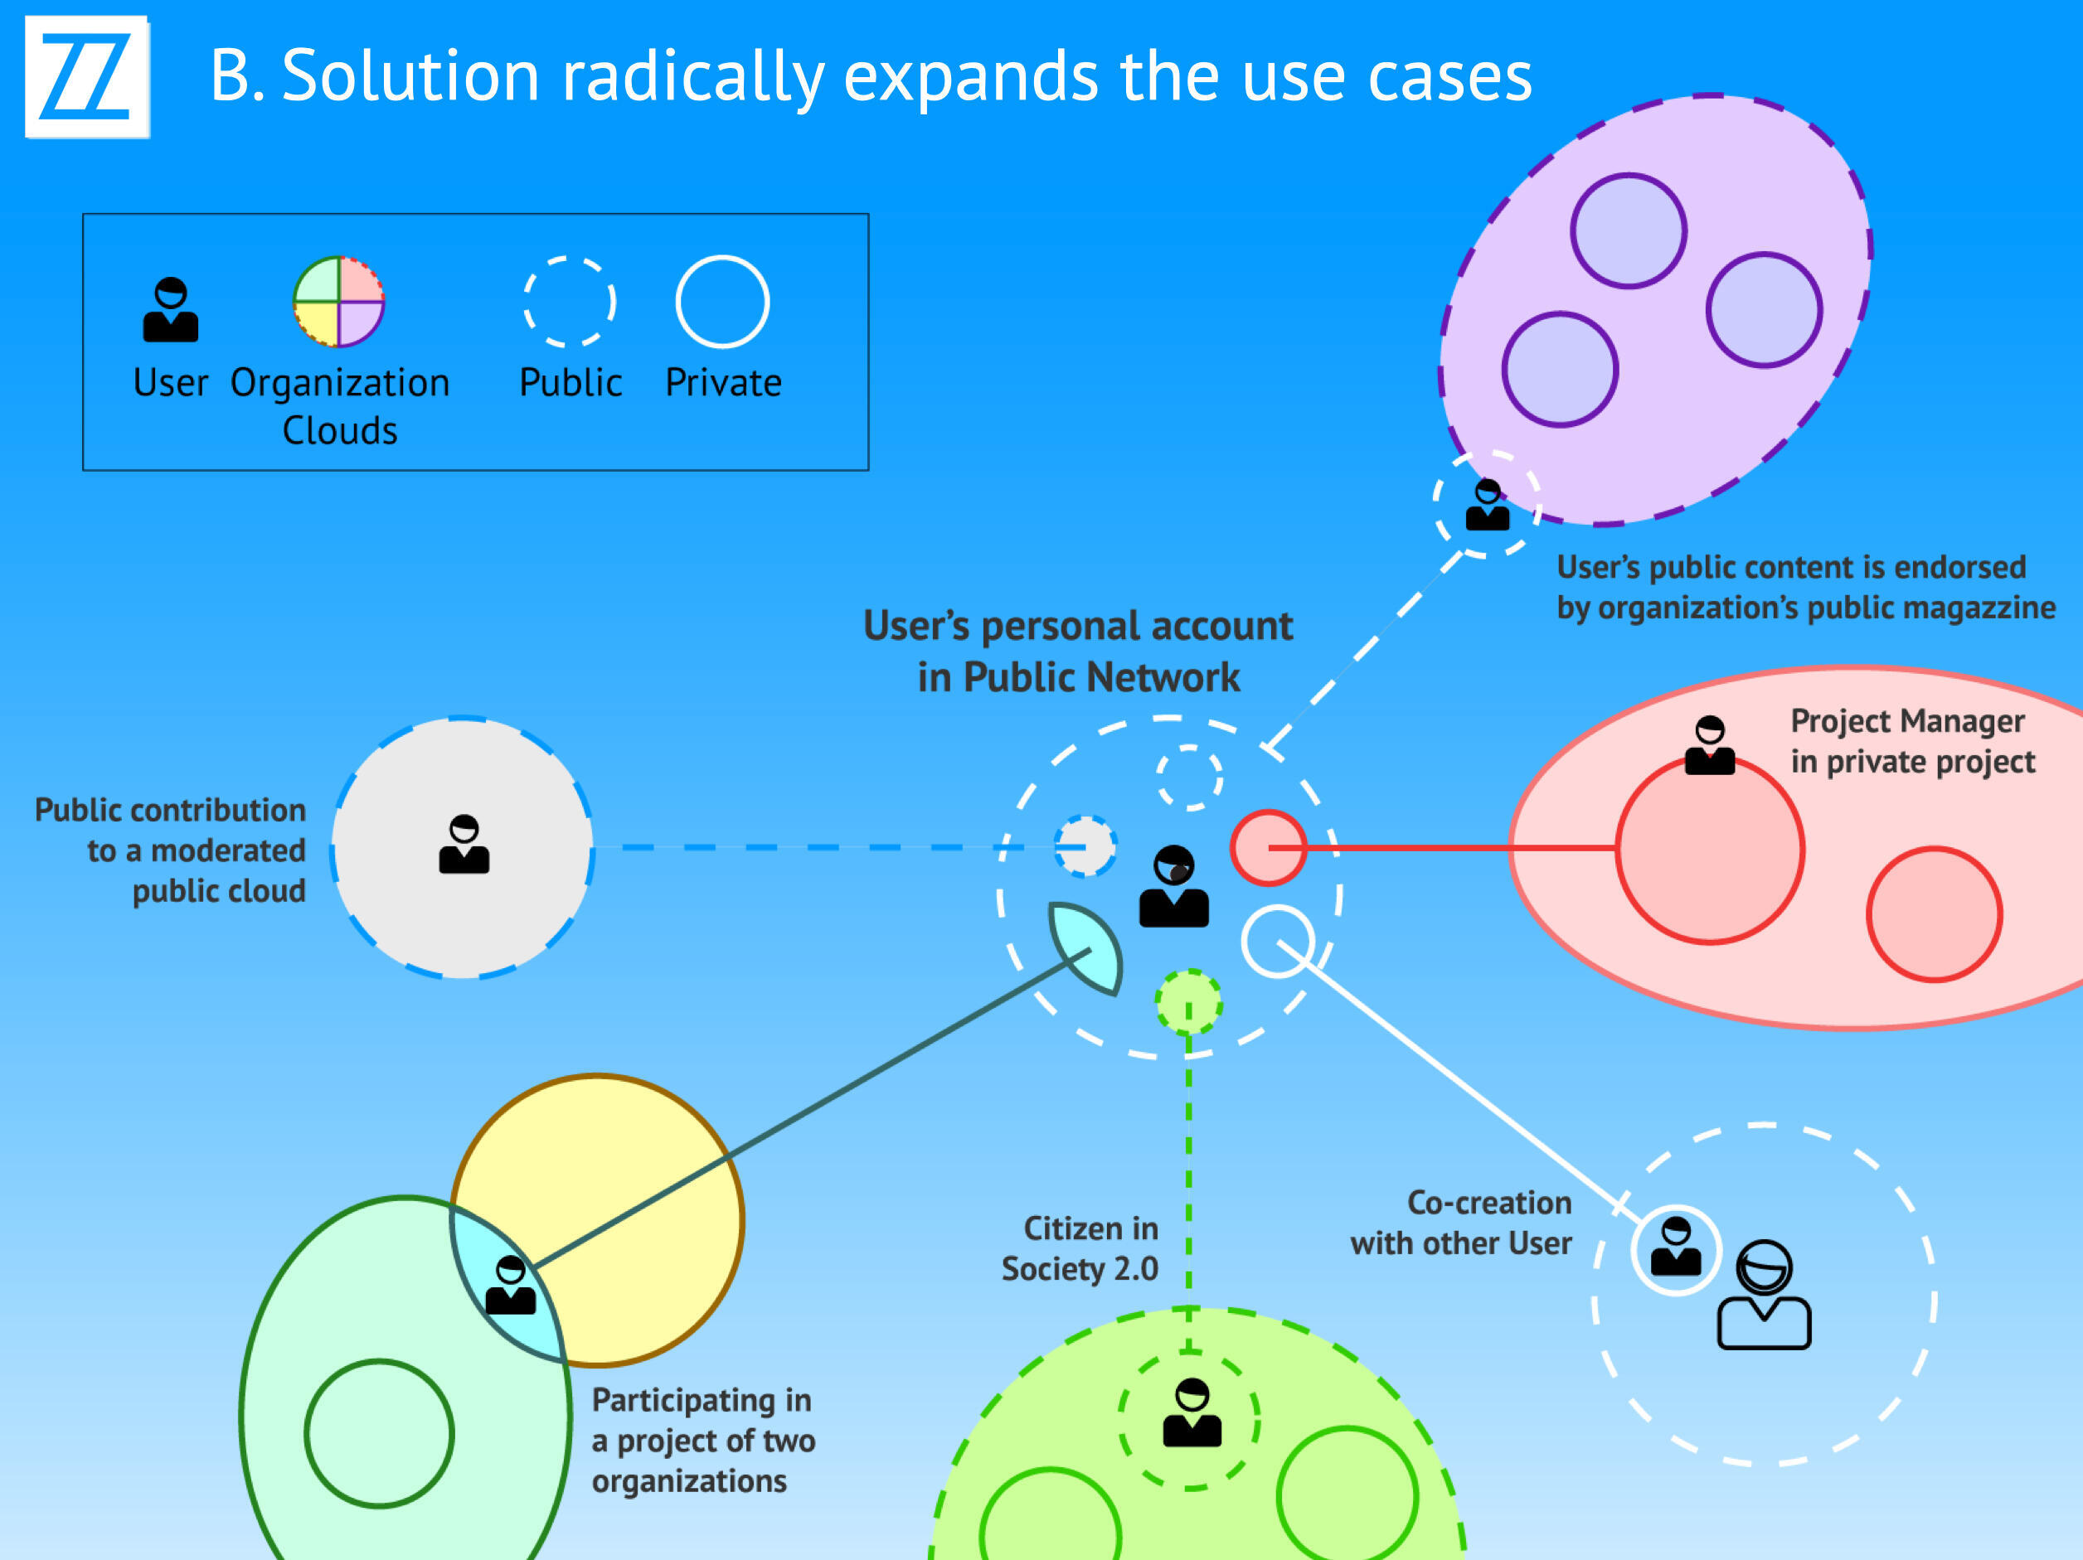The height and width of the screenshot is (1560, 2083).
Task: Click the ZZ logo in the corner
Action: click(x=86, y=76)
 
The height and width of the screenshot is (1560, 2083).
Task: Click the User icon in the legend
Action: click(x=171, y=310)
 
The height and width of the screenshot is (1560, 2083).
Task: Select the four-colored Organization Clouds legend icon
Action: click(x=339, y=301)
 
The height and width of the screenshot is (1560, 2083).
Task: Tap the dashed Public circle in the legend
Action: click(x=570, y=301)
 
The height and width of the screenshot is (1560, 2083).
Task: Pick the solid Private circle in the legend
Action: click(x=722, y=301)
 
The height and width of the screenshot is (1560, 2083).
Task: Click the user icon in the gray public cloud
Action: click(x=464, y=845)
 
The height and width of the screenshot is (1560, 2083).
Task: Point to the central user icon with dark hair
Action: click(x=1173, y=887)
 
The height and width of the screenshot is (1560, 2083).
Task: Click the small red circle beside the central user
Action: click(x=1269, y=847)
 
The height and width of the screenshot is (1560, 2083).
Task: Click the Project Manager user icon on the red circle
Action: click(x=1710, y=746)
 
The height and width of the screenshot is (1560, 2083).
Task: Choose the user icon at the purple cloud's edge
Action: click(x=1488, y=506)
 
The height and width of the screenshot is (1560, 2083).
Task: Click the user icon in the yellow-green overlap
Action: click(x=511, y=1285)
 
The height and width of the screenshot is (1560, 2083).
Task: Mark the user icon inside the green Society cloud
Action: click(x=1192, y=1413)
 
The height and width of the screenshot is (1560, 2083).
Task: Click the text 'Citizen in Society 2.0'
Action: click(x=1081, y=1248)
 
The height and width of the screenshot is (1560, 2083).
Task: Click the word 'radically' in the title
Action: click(x=693, y=77)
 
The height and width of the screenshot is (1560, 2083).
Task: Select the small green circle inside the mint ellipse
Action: click(x=380, y=1434)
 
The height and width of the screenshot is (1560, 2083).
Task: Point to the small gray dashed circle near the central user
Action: click(x=1085, y=846)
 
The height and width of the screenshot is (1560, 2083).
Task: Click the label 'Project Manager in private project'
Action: click(x=1911, y=741)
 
